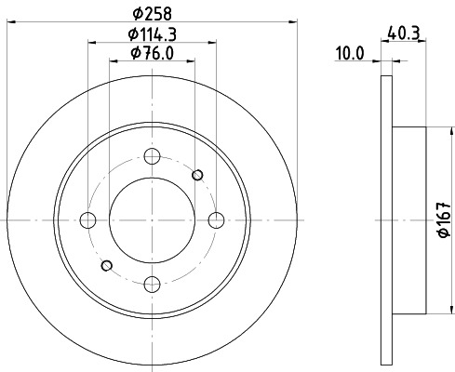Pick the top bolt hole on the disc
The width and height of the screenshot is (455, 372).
coord(153,156)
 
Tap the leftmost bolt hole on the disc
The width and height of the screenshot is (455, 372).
coord(88,220)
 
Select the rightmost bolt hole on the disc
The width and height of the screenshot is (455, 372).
coord(217,220)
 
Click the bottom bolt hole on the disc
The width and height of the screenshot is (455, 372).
coord(153,284)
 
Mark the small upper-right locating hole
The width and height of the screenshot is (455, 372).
coord(197,174)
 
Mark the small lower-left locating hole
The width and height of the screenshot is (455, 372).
coord(107,266)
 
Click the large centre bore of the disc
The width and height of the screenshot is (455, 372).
coord(153,220)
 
